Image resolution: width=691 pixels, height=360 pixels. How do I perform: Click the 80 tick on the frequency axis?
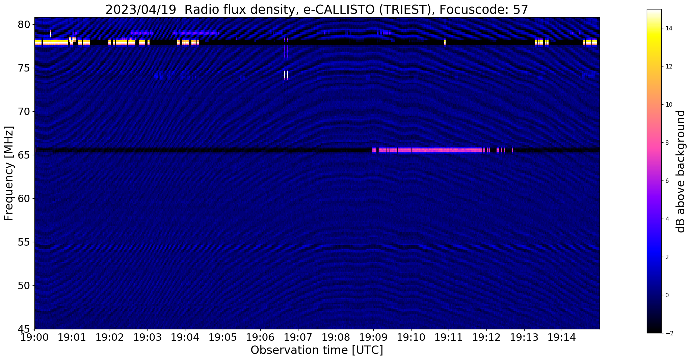pos(33,24)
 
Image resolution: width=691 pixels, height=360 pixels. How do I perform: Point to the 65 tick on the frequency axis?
pos(33,155)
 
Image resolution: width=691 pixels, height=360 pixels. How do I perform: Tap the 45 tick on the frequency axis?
pos(33,329)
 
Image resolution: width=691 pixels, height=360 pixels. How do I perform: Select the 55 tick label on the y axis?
pos(25,242)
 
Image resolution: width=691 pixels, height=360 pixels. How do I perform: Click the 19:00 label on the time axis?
pos(34,337)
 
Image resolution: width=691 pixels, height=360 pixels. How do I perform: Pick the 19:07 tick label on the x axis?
pos(298,337)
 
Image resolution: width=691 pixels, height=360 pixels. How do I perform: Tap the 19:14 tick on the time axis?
pos(562,330)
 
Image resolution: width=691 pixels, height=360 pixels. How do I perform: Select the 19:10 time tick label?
pos(411,337)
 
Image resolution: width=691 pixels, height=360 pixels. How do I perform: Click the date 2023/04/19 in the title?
pos(141,10)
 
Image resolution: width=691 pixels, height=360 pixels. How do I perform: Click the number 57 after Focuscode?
pos(521,10)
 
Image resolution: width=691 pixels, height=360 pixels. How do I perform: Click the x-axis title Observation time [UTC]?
pos(317,350)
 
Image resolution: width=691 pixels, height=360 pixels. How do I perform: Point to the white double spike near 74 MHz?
pos(286,75)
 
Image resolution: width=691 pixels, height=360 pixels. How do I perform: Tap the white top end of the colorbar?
pos(654,11)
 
